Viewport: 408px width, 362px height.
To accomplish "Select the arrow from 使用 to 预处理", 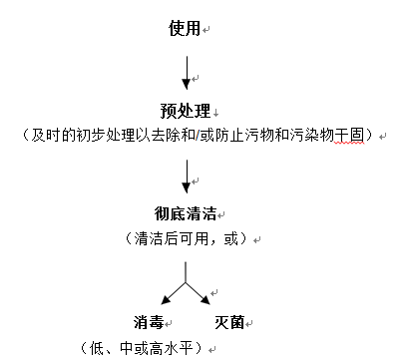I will (x=186, y=73).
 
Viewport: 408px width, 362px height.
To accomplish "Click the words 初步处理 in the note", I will (x=116, y=135).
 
